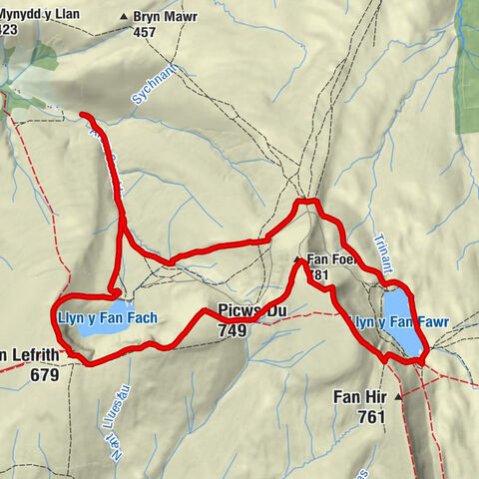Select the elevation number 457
[x=145, y=32]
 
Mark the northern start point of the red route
[x=81, y=115]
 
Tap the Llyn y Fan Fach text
[x=106, y=318]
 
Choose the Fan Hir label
[x=358, y=396]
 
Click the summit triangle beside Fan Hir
[x=400, y=397]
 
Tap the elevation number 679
[x=45, y=376]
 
